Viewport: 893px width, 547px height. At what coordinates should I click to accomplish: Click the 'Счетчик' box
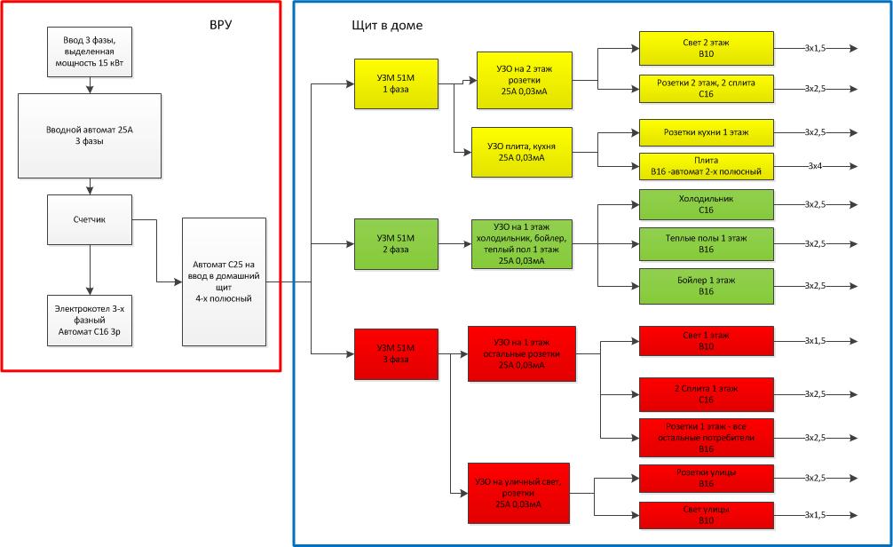pyautogui.click(x=90, y=219)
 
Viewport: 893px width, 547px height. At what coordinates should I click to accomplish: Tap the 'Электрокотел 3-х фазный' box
pyautogui.click(x=90, y=317)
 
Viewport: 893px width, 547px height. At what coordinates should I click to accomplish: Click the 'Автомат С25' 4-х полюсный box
pyautogui.click(x=223, y=281)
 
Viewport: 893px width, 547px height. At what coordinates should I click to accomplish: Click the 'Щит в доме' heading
pyautogui.click(x=387, y=26)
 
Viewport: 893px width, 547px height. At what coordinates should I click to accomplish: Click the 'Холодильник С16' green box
pyautogui.click(x=706, y=204)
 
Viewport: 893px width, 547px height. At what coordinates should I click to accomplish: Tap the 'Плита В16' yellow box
pyautogui.click(x=706, y=165)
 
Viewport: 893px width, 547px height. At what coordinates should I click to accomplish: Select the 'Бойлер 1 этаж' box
pyautogui.click(x=706, y=286)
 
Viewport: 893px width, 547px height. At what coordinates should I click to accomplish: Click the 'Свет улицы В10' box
pyautogui.click(x=706, y=515)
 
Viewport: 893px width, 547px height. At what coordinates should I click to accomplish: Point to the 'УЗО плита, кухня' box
pyautogui.click(x=521, y=152)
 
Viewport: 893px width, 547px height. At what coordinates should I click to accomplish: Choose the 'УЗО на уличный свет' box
pyautogui.click(x=518, y=493)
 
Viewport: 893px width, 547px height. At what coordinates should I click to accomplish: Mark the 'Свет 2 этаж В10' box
pyautogui.click(x=706, y=48)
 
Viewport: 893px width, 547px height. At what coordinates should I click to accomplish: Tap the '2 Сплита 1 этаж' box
pyautogui.click(x=706, y=393)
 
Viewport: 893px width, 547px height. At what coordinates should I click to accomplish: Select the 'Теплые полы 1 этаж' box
pyautogui.click(x=706, y=243)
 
